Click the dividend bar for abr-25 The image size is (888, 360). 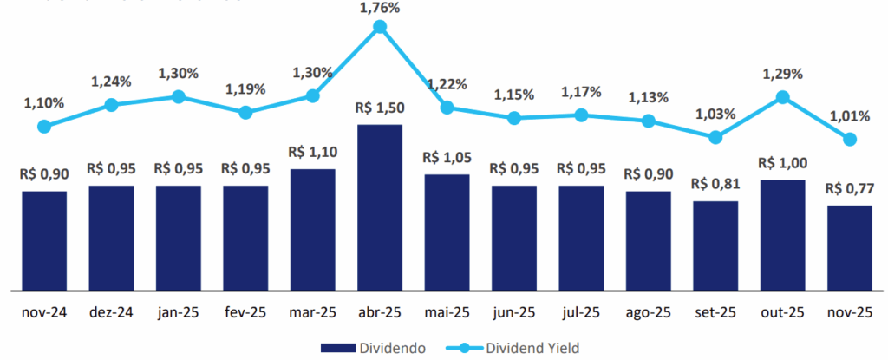click(x=380, y=206)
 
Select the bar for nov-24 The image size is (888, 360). click(x=44, y=239)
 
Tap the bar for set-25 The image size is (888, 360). click(x=715, y=245)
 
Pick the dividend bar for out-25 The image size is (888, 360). click(x=782, y=234)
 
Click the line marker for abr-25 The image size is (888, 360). click(x=380, y=28)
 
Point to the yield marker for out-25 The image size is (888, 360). click(x=783, y=97)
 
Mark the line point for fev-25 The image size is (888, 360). click(x=245, y=112)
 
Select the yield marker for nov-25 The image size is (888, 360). click(x=850, y=139)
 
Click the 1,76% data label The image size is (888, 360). click(x=380, y=9)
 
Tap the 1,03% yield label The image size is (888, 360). click(x=715, y=114)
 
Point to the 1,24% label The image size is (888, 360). click(x=111, y=82)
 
